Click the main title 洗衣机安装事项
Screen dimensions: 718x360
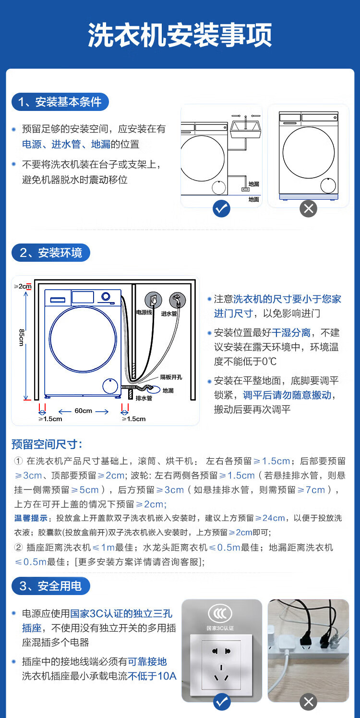[180, 35]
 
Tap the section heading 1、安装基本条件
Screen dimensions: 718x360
[60, 102]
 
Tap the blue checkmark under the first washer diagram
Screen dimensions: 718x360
[221, 208]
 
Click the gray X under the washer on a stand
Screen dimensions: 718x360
[308, 208]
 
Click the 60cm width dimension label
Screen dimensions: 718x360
[83, 411]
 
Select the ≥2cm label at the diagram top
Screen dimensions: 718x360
[22, 286]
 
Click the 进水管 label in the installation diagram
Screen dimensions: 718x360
[169, 313]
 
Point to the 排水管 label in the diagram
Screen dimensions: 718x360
[144, 398]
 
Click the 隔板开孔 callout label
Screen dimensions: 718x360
[170, 377]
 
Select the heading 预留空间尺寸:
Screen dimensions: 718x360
[47, 444]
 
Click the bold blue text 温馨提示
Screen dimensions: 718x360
[31, 518]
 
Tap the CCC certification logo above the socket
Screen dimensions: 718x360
[220, 613]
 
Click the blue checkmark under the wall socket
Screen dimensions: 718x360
[221, 702]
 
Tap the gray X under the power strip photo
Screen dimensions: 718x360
[308, 702]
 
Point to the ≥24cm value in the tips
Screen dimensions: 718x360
[270, 518]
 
